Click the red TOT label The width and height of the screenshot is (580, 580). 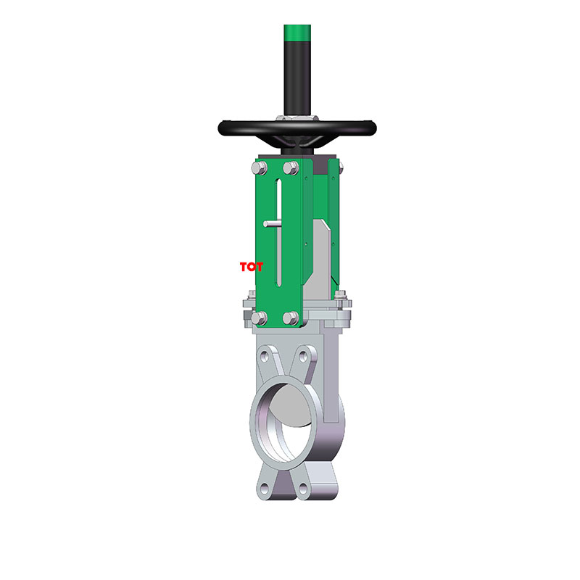click(x=252, y=267)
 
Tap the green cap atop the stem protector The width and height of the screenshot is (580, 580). click(x=298, y=33)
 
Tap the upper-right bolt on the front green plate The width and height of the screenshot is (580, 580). click(x=291, y=169)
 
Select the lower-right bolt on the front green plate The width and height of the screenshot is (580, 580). click(x=291, y=318)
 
